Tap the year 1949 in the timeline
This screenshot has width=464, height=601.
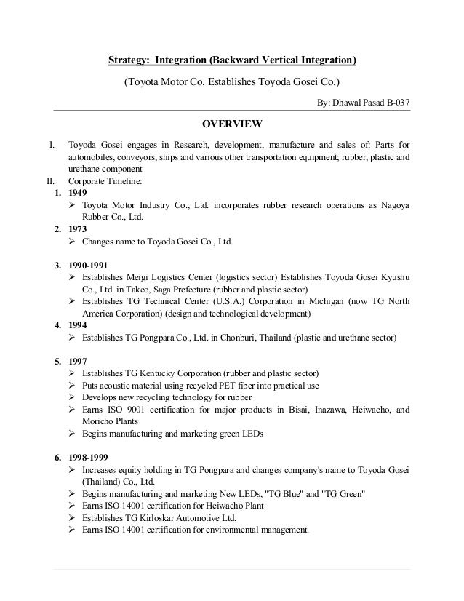point(76,193)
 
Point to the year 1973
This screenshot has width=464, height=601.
point(76,228)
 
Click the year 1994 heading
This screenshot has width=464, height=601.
point(76,325)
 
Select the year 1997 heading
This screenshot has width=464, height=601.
point(76,361)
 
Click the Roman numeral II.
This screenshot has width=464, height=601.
point(50,180)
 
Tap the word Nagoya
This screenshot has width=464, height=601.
point(392,204)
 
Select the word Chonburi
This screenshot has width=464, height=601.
point(237,337)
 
